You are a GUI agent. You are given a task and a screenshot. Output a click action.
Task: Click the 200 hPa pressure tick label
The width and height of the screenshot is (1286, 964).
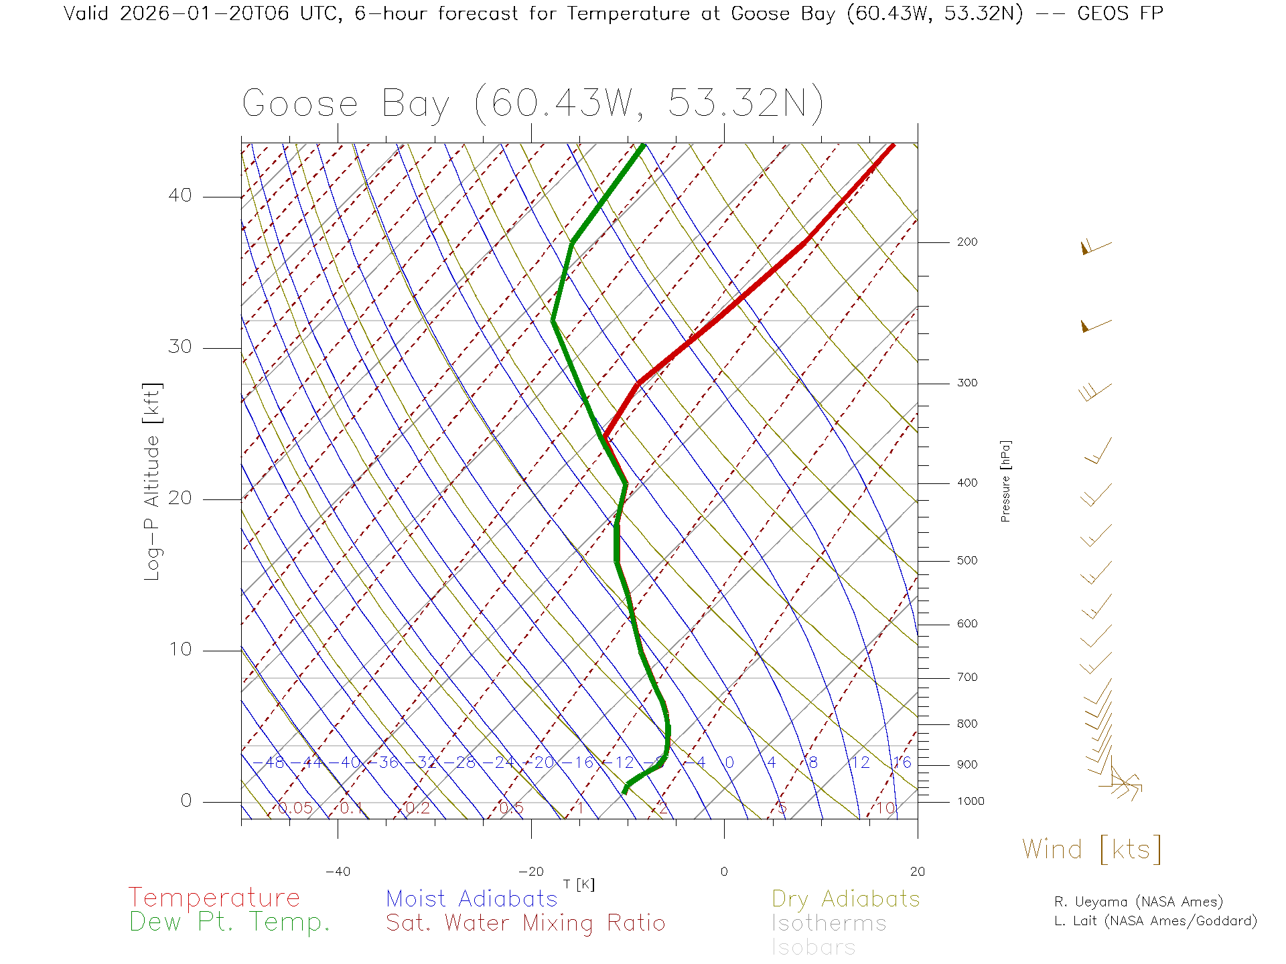967,242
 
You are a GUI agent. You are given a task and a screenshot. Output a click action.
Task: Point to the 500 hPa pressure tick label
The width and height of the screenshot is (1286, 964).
967,561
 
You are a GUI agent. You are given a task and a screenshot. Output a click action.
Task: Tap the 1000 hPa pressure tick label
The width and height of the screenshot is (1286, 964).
970,801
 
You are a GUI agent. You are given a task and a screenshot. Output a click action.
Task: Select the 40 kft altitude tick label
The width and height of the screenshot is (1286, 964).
180,195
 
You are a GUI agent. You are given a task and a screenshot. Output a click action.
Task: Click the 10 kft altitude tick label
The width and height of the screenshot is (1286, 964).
180,649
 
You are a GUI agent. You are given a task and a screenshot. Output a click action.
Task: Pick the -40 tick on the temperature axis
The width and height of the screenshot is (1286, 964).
338,872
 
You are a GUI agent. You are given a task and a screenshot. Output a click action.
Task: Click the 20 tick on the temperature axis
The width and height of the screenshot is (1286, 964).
917,872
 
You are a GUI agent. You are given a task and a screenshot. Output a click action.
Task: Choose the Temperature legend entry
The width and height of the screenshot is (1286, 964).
214,898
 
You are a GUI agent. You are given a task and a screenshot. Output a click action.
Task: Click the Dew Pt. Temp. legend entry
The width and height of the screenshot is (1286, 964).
230,922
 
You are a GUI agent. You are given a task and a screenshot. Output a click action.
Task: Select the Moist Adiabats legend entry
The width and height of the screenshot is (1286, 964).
472,899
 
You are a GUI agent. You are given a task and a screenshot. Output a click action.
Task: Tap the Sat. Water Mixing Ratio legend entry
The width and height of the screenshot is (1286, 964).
526,923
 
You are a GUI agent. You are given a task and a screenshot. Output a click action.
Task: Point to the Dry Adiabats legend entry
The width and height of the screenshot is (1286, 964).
846,899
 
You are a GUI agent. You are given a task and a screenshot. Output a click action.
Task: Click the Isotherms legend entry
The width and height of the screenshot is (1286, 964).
829,924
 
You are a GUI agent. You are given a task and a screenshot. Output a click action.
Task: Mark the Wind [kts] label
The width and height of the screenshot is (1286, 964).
1092,850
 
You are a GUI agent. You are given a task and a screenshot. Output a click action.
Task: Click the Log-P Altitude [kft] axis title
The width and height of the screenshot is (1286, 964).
153,482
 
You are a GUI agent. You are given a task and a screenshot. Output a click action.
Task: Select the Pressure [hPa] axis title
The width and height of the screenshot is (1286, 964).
1005,481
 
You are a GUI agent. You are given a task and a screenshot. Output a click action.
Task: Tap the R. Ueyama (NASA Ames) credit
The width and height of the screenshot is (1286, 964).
1139,902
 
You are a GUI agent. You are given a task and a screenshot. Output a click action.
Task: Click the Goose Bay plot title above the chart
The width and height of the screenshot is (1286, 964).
532,104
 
